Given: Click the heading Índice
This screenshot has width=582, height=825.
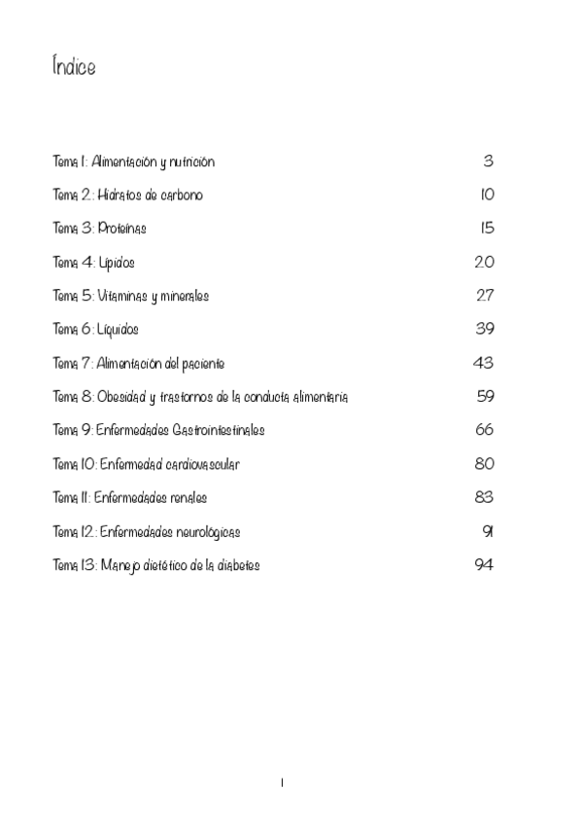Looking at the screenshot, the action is (74, 67).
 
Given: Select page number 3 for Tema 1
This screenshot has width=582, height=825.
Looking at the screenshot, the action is (489, 161).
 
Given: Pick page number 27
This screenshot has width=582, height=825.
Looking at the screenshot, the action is (485, 296).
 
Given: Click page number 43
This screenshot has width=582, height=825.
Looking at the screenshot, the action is (483, 363).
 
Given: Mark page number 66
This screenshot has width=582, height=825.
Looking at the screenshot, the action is (485, 430).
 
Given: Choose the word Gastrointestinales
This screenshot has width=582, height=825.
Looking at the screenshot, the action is (218, 430).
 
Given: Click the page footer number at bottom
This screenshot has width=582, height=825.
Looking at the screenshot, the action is (282, 782).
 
